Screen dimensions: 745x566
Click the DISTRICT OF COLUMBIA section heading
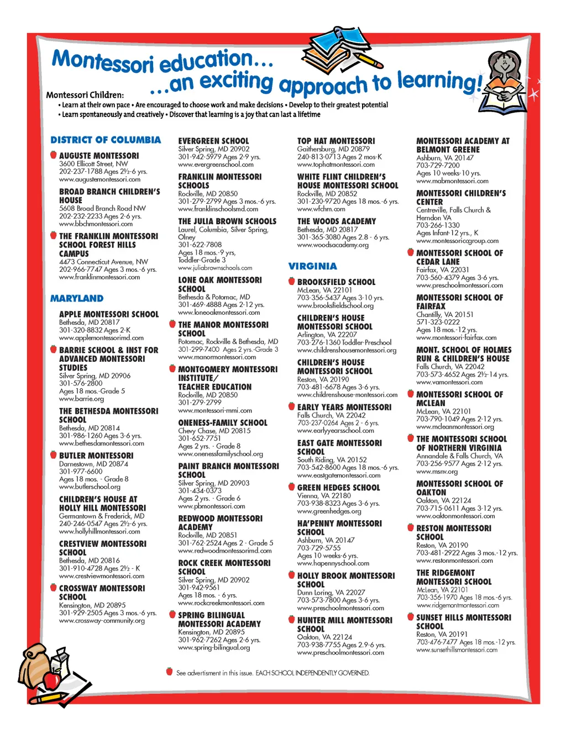pos(106,140)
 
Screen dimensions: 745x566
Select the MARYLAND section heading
pos(77,299)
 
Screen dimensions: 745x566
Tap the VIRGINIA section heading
pos(312,266)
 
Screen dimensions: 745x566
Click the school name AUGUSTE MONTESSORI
pos(99,156)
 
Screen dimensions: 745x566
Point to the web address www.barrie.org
pos(81,399)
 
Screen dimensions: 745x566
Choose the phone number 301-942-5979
pos(199,157)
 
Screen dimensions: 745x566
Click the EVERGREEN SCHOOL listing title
pos(213,141)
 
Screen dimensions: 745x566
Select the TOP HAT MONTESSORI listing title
pos(336,141)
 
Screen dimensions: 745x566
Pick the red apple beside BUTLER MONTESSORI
pos(53,455)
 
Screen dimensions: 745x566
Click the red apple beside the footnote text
pos(169,672)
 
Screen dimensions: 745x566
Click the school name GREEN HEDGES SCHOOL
pos(338,488)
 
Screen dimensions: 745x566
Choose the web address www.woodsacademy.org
pos(333,245)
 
